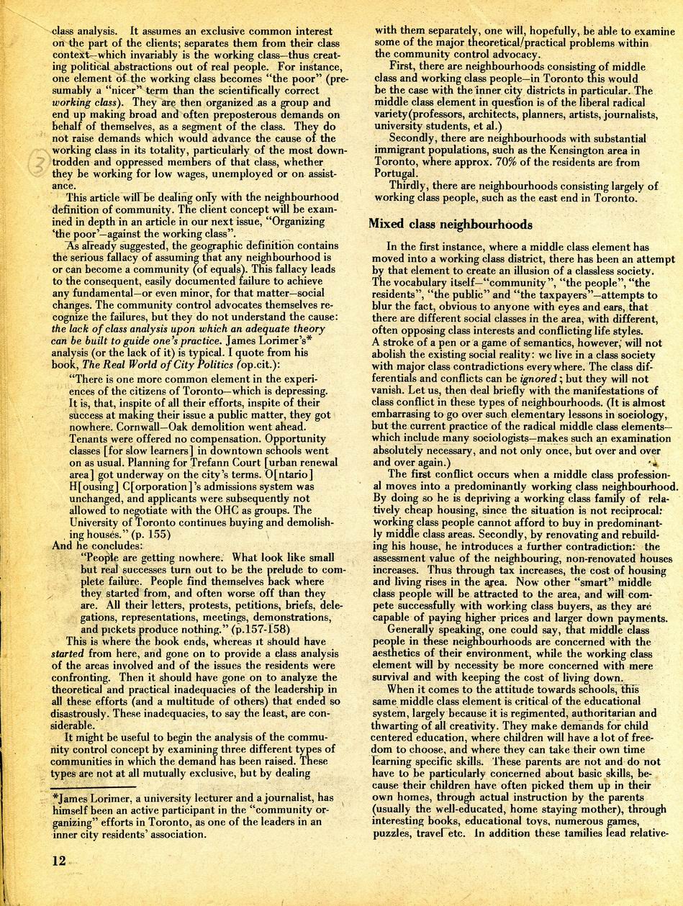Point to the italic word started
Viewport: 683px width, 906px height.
coord(67,653)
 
